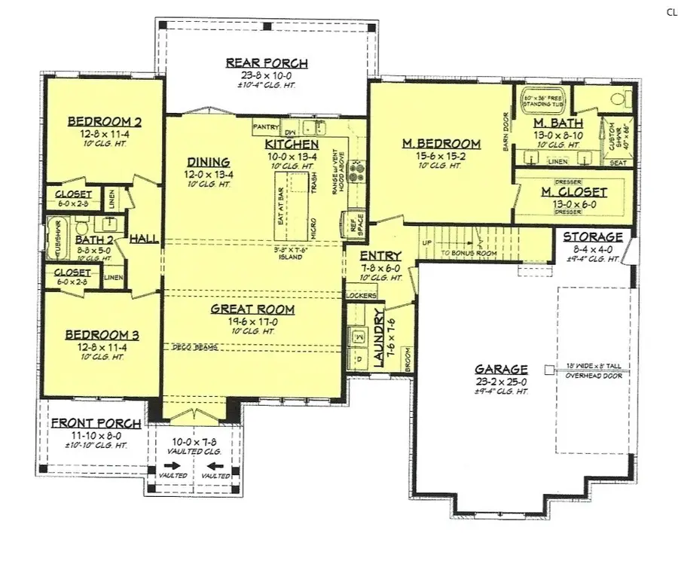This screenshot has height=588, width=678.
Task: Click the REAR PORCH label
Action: coord(267,63)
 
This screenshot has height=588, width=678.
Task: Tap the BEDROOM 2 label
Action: coord(105,122)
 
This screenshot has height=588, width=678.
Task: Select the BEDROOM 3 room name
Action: coord(102,335)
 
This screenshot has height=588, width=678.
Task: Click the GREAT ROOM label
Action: coord(252,309)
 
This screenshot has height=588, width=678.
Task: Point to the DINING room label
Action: coord(209,161)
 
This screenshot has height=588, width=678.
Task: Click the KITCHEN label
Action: coord(292,144)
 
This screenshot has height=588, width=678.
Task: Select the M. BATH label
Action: coord(554,123)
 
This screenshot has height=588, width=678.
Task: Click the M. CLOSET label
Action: coord(573,192)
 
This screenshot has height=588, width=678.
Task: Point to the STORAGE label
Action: coord(594,236)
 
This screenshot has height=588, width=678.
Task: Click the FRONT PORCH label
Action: coord(96,423)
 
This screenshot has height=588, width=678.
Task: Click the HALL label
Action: coord(143,239)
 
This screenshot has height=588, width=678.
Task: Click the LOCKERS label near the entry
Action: coord(360,295)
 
